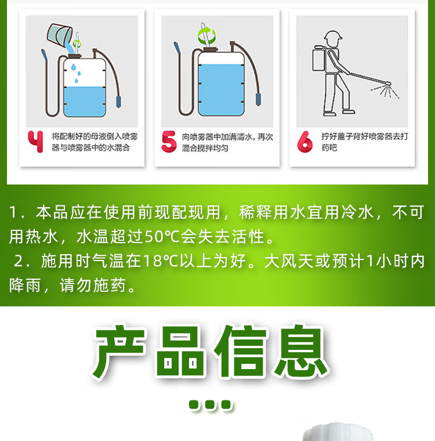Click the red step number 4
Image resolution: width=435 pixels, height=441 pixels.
point(36,142)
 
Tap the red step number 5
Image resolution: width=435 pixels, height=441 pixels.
point(169,142)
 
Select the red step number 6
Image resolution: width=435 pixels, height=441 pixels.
point(304,142)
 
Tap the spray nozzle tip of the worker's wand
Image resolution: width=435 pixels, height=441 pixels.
point(389,83)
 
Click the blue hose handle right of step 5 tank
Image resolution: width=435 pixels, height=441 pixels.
point(258,100)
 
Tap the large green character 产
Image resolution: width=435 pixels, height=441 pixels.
point(119,351)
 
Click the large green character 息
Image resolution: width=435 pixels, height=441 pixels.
point(301,350)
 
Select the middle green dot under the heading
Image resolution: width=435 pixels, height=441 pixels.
point(210,405)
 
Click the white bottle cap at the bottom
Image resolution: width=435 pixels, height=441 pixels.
point(338,432)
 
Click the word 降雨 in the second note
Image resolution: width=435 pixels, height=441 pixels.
point(25,285)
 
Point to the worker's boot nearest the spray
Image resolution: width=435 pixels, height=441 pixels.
point(349,111)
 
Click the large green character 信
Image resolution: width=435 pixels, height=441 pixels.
point(241,350)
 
